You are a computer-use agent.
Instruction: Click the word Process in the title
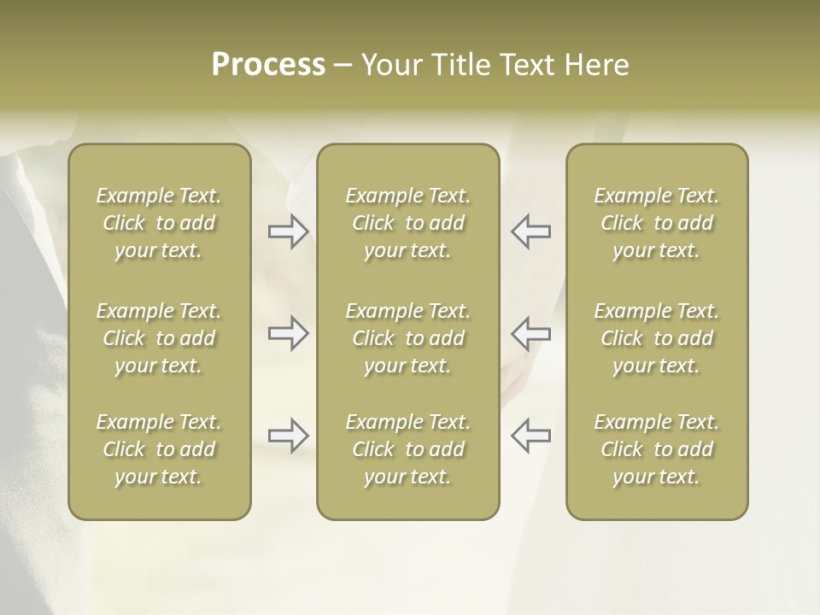point(268,64)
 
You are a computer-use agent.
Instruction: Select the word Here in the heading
point(597,64)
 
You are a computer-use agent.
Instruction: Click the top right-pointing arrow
point(289,231)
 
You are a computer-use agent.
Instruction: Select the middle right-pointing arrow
point(289,332)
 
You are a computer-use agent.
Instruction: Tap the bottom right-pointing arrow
point(289,436)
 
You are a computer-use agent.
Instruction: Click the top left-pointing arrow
point(530,231)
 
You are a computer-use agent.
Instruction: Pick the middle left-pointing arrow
point(530,332)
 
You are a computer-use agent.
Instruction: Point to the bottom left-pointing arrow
point(530,436)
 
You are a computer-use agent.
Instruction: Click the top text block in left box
point(159,223)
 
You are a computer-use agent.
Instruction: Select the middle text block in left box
point(159,338)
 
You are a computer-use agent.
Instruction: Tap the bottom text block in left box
point(159,449)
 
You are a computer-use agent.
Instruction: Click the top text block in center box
point(407,223)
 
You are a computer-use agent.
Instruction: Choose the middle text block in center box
point(407,338)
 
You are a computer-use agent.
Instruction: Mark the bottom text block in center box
point(407,449)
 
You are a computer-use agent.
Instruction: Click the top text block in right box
point(656,223)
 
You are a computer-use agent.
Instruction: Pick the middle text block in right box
point(656,338)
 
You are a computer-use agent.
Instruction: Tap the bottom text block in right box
point(656,449)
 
